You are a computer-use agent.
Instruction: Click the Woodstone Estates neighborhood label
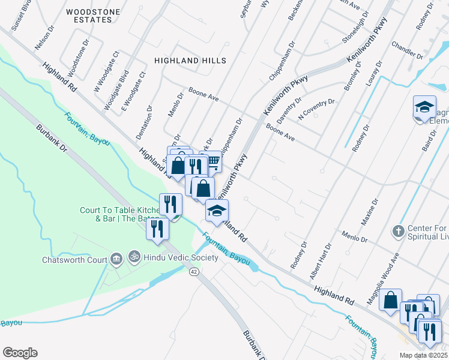89,16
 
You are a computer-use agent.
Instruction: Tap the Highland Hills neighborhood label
190,61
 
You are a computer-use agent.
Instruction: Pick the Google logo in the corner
20,353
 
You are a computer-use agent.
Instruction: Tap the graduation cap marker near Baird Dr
424,108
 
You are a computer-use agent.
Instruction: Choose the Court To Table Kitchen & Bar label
120,214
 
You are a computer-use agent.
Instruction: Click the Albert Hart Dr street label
320,261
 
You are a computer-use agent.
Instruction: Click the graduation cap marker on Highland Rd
217,211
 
